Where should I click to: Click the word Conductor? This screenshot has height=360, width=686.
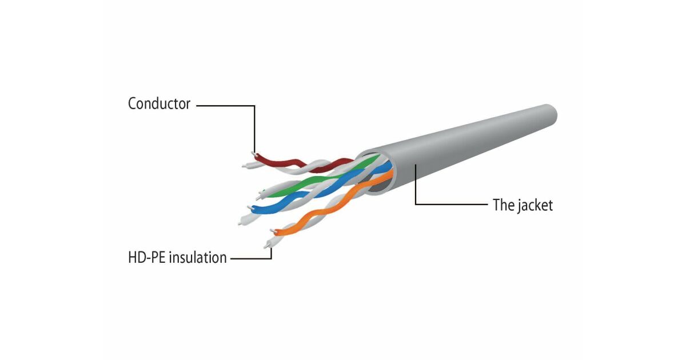click(158, 104)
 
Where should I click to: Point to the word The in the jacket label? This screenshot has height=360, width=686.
click(504, 205)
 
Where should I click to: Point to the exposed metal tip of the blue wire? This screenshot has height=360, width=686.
click(249, 206)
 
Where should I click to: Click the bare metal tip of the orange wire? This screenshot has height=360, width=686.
click(272, 232)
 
